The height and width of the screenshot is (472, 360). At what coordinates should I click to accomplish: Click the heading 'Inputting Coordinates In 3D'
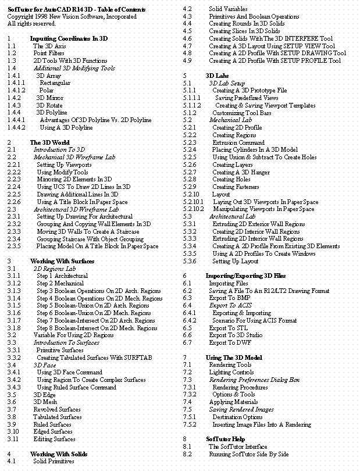[x=69, y=38]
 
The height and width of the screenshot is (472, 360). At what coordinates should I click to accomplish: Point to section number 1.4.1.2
[x=17, y=91]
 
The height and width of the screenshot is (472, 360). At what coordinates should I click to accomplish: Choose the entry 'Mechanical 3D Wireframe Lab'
[x=74, y=158]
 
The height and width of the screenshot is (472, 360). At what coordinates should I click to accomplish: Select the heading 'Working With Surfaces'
[x=62, y=261]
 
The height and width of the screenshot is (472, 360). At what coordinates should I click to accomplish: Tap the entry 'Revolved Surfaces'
[x=57, y=409]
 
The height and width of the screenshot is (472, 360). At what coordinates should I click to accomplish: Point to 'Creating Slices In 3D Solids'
[x=244, y=31]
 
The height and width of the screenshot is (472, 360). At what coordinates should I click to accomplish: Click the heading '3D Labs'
[x=217, y=76]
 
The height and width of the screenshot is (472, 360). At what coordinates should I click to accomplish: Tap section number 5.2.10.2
[x=194, y=209]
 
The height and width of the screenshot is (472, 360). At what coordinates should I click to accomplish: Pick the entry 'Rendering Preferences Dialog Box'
[x=254, y=380]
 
